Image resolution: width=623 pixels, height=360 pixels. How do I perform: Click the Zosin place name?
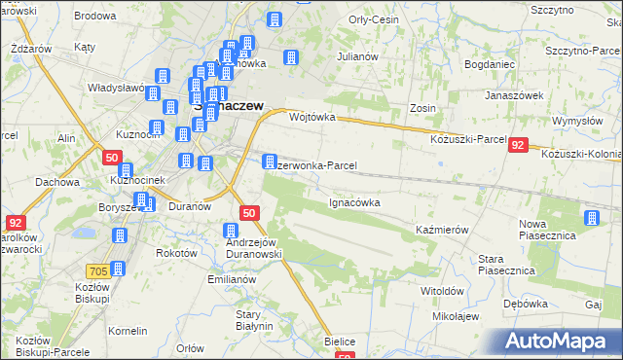click(422, 108)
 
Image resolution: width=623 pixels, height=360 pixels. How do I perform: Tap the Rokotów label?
click(176, 252)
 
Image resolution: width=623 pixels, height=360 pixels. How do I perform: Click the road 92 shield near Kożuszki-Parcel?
click(518, 145)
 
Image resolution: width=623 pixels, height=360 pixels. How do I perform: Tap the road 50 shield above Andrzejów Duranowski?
click(249, 213)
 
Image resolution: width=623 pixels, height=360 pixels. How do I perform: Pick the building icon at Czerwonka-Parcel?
click(269, 161)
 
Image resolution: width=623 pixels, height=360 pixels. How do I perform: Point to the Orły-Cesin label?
click(371, 19)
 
